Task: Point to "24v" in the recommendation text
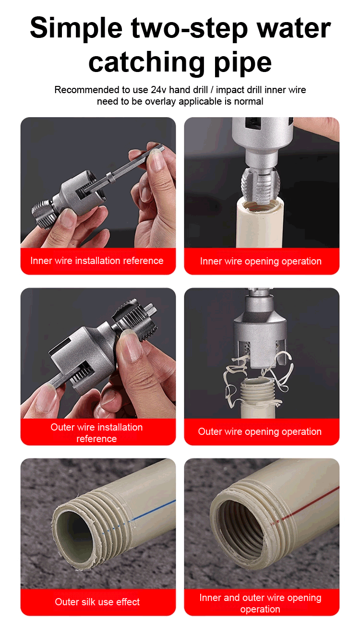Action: point(159,90)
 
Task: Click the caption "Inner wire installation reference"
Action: point(97,261)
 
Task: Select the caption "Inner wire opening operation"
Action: point(261,261)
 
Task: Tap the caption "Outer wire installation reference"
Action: point(96,433)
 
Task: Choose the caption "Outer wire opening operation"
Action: point(260,432)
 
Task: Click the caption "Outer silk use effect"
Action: point(97,602)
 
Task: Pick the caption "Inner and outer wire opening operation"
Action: point(260,603)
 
